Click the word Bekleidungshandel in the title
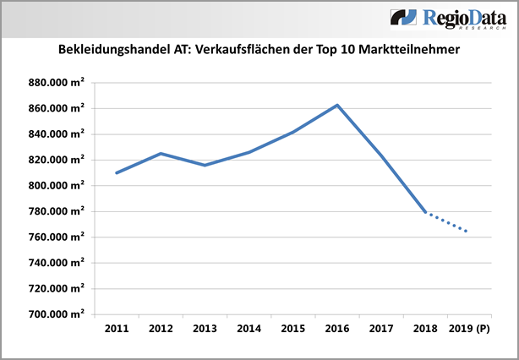tap(113, 51)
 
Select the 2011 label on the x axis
tap(117, 327)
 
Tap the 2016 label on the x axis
tap(337, 327)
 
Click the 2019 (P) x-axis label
tap(470, 327)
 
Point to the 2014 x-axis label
tap(249, 327)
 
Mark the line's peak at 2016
tap(337, 105)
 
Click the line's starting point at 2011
tap(117, 172)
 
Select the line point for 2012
tap(161, 153)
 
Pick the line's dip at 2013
tap(205, 165)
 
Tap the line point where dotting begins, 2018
tap(425, 212)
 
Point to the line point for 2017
tap(381, 155)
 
